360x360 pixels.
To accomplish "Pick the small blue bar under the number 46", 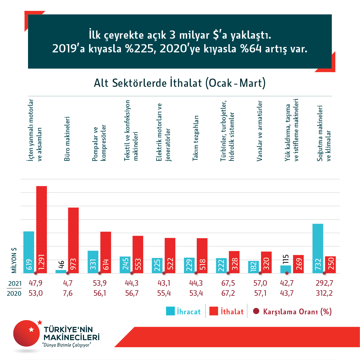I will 61,271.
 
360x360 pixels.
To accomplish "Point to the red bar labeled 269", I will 298,264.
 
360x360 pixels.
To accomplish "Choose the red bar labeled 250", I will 330,264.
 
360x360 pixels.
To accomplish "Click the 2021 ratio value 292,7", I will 324,283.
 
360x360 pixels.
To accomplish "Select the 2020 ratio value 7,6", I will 68,293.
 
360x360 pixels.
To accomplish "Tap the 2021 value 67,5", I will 228,283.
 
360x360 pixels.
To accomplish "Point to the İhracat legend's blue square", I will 170,311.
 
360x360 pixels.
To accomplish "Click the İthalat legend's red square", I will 214,311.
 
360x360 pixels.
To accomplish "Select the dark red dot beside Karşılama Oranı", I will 256,311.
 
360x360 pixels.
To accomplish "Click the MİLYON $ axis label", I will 14,260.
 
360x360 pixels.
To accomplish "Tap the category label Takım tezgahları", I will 196,138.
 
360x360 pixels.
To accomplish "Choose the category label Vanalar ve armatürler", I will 259,131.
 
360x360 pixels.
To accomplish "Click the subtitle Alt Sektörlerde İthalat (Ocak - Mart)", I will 180,83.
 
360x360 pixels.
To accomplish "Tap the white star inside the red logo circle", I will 31,329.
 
